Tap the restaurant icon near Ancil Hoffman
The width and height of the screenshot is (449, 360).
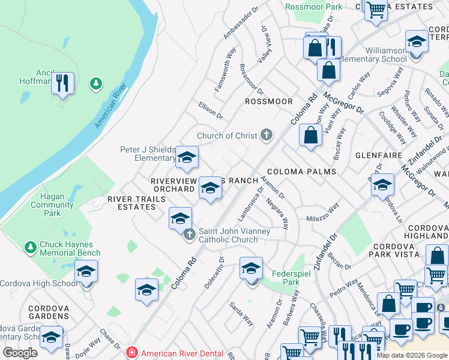point(62,82)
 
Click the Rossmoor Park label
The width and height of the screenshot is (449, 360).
point(314,7)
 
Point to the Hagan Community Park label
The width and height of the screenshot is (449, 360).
point(52,205)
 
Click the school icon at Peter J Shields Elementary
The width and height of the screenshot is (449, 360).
point(187,157)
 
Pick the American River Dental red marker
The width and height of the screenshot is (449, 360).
point(132,353)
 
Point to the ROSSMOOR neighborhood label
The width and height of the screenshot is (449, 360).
point(269,101)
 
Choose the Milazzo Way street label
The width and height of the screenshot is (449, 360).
point(322,213)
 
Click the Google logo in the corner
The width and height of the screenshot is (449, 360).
point(20,353)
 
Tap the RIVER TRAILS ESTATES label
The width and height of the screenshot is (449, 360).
point(131,203)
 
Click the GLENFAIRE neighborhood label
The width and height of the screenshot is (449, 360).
point(378,154)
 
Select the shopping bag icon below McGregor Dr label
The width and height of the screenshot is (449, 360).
point(310,134)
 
